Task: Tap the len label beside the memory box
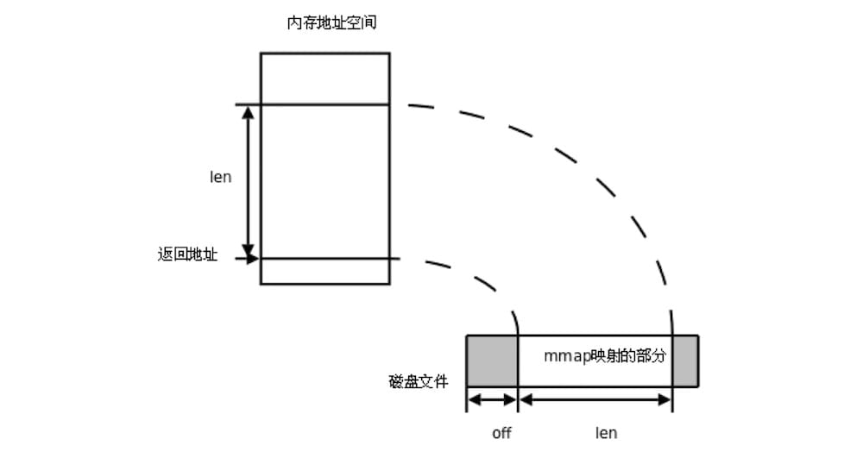(x=221, y=179)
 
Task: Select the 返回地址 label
(x=187, y=255)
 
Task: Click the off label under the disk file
(x=501, y=432)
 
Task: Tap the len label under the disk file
(x=607, y=432)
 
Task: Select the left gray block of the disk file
(x=491, y=361)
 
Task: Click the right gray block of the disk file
(x=685, y=361)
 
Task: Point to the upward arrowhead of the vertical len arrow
(x=249, y=113)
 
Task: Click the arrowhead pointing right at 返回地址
(x=253, y=258)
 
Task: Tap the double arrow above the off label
(x=491, y=399)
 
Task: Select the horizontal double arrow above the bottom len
(x=595, y=399)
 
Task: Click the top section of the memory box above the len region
(x=324, y=79)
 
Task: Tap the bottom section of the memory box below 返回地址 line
(x=324, y=271)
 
